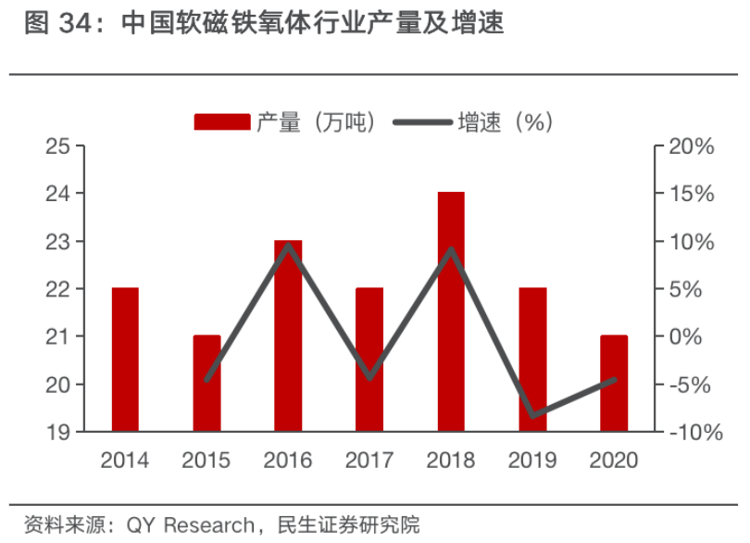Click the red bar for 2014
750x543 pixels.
(125, 360)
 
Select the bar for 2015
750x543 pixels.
(206, 384)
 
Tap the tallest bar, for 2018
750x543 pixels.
(451, 311)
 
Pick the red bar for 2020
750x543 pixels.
(614, 384)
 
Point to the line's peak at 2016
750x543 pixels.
(288, 246)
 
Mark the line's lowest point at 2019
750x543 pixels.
(532, 415)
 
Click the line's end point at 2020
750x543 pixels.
(614, 379)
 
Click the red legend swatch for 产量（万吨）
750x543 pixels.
(221, 121)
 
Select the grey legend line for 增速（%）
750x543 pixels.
(421, 121)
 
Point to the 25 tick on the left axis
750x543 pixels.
(58, 146)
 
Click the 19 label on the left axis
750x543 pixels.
(58, 432)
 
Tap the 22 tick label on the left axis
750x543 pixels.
(58, 289)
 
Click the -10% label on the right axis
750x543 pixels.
(689, 432)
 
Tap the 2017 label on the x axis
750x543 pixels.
(369, 460)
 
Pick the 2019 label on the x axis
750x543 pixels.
(532, 460)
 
